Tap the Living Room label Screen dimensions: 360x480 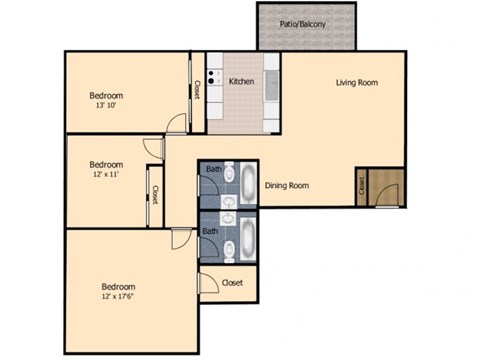356,82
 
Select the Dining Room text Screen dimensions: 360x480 286,185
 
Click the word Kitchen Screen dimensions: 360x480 242,82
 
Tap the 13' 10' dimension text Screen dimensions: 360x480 106,105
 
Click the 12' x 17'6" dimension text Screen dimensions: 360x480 119,295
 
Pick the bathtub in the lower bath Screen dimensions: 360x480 247,239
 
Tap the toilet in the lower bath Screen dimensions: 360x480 228,245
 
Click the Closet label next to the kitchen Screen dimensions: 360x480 197,90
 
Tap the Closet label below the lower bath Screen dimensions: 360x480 233,283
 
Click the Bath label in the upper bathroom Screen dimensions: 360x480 214,169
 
